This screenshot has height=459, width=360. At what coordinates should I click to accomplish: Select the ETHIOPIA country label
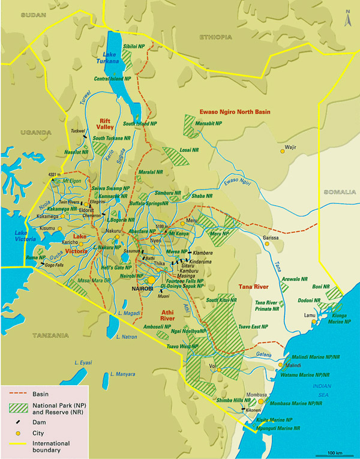click(x=214, y=37)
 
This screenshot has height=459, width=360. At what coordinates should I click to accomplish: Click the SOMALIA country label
click(x=340, y=193)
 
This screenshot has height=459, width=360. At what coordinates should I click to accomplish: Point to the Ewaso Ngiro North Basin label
click(x=234, y=112)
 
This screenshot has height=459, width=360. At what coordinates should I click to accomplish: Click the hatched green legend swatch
click(x=19, y=408)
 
